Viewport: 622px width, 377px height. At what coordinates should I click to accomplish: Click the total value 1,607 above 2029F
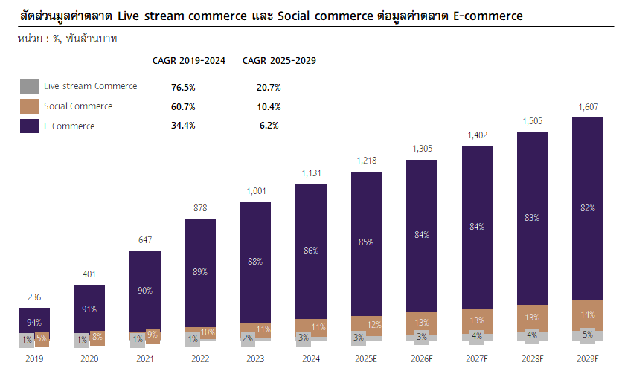[x=587, y=108]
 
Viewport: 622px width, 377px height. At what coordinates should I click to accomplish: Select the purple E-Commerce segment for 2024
[x=310, y=250]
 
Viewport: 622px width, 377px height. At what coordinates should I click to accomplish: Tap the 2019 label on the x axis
[x=34, y=358]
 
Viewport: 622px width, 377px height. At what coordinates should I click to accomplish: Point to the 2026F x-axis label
[x=421, y=358]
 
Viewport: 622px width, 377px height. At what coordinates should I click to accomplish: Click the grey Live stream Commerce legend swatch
[x=30, y=86]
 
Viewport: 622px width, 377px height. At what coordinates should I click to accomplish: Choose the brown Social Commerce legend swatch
[x=30, y=106]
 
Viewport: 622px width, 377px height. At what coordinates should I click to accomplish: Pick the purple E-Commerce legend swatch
[x=30, y=126]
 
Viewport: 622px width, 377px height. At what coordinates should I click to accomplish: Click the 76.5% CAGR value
[x=183, y=87]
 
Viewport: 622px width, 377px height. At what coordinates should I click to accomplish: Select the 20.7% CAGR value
[x=269, y=87]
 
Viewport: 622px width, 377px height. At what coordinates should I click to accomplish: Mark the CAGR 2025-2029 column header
[x=279, y=61]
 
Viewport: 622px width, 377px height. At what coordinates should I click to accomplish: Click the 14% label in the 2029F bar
[x=588, y=315]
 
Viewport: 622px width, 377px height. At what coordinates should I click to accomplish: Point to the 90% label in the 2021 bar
[x=144, y=291]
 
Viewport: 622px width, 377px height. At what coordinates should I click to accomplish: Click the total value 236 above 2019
[x=34, y=297]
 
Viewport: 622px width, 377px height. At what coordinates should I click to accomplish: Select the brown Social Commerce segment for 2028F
[x=532, y=318]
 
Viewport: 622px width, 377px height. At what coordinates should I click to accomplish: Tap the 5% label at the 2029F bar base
[x=588, y=335]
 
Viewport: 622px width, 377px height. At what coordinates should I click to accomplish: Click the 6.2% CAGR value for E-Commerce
[x=269, y=126]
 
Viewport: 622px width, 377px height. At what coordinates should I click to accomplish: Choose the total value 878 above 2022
[x=199, y=208]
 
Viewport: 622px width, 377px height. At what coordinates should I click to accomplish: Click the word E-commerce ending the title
[x=488, y=16]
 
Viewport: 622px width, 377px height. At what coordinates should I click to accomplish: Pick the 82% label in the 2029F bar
[x=588, y=208]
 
